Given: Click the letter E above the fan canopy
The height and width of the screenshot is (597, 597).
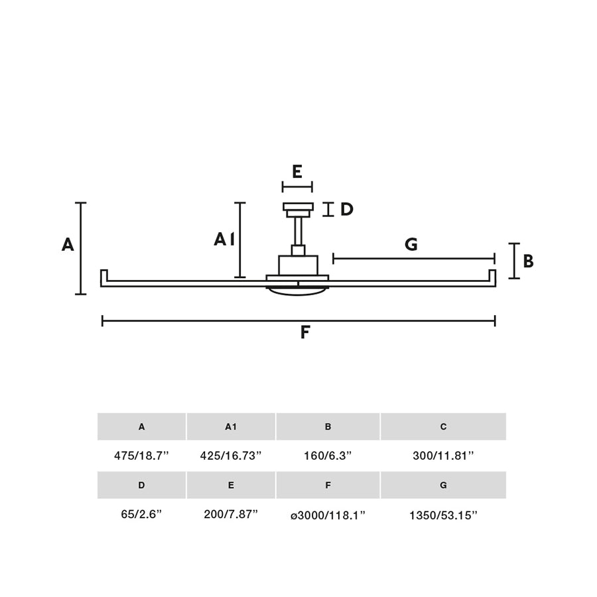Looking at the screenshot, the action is click(297, 172).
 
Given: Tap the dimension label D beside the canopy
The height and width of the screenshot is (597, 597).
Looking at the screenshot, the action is click(346, 210).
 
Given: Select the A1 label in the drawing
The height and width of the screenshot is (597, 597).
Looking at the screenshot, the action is click(224, 239).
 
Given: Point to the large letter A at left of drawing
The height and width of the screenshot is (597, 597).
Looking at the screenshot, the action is click(68, 244).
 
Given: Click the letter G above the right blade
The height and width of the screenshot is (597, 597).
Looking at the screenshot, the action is click(411, 244).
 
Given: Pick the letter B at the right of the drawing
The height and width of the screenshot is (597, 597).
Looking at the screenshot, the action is click(528, 261).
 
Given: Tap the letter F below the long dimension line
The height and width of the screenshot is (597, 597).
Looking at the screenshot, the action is click(305, 332).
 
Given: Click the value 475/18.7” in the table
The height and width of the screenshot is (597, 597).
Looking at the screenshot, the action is click(141, 455).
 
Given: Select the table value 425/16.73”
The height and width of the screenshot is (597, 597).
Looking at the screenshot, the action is click(231, 455).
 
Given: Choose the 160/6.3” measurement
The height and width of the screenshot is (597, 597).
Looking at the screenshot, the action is click(328, 455).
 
